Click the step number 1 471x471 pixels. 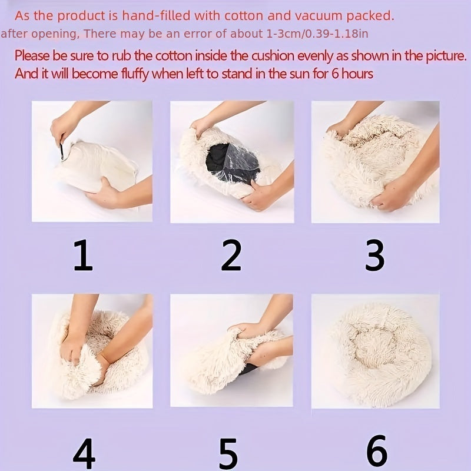83,255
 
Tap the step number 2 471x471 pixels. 231,255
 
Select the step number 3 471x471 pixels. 374,255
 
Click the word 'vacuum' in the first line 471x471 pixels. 319,16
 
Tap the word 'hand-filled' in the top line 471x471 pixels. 156,16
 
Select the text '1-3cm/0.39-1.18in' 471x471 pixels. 317,34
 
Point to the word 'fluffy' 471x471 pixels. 135,74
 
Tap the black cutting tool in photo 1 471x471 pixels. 62,151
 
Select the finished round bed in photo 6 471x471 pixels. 382,354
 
